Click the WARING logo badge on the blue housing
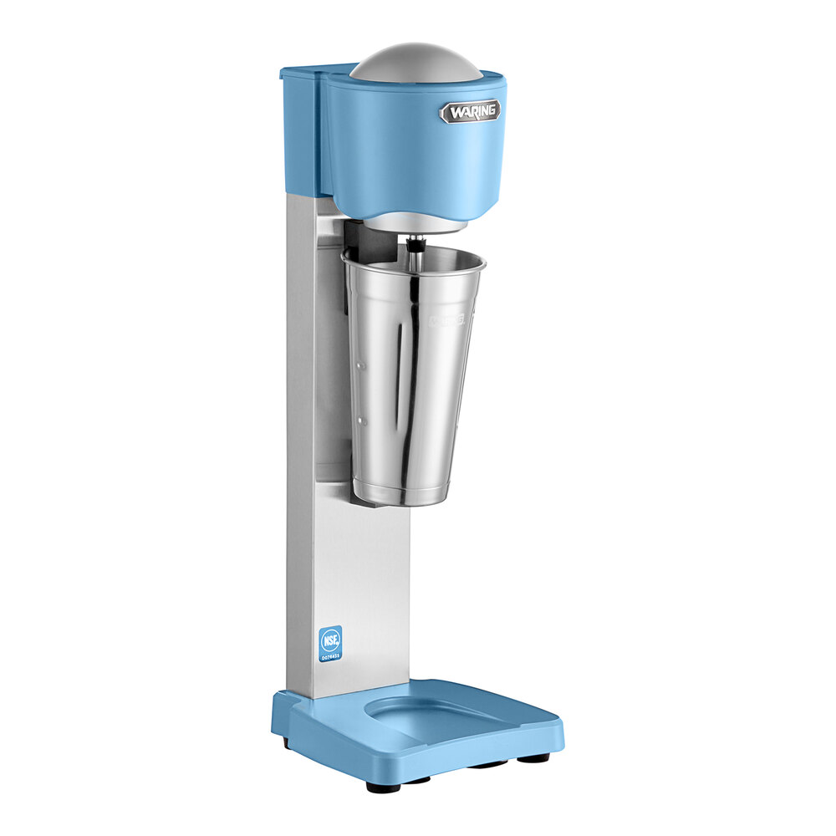tap(471, 111)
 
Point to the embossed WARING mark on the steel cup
tap(447, 319)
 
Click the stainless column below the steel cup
tap(368, 585)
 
